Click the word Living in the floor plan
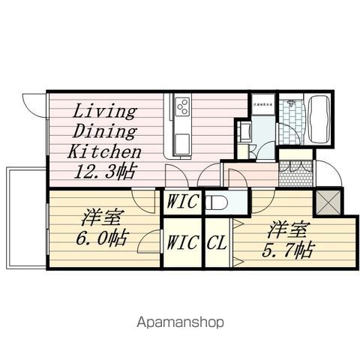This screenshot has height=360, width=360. (104, 113)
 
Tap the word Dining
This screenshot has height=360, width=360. (104, 132)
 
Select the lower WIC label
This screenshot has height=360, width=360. (181, 242)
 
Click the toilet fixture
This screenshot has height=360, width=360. (218, 202)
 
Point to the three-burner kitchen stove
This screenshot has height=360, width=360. (182, 108)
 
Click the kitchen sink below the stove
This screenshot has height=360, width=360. (183, 139)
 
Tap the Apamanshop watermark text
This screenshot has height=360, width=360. (180, 323)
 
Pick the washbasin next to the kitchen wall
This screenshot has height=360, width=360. (244, 133)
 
